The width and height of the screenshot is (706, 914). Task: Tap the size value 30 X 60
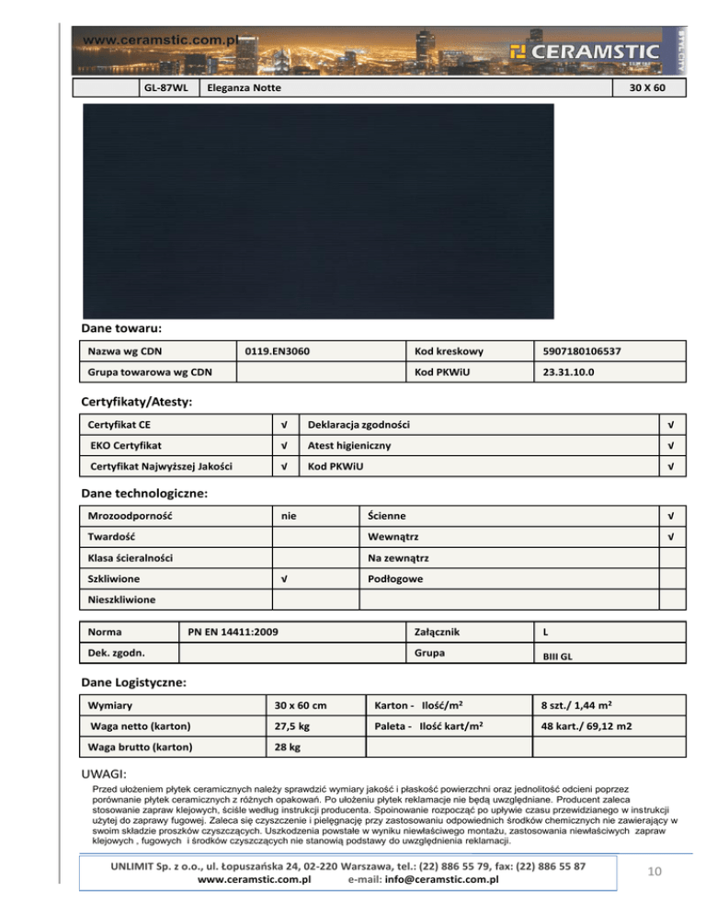click(653, 88)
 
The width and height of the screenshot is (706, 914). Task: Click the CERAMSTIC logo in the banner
click(585, 51)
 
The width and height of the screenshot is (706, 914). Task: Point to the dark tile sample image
click(318, 211)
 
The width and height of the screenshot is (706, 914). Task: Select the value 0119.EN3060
click(278, 351)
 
